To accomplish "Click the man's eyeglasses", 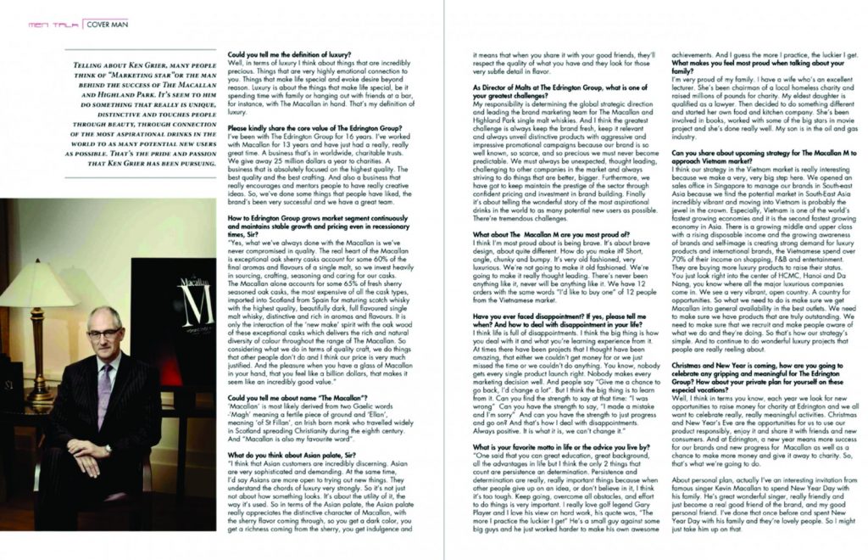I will pyautogui.click(x=104, y=333).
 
